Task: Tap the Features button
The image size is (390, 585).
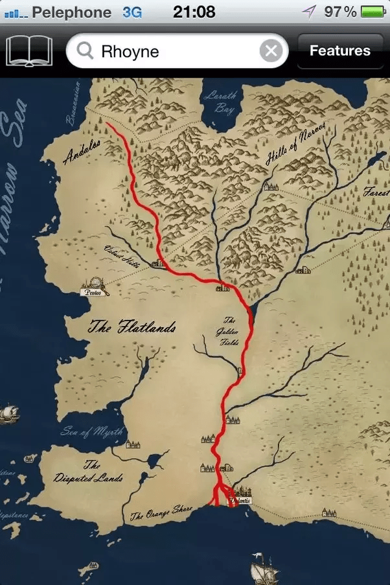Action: (x=339, y=51)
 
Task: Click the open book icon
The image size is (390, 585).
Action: (x=29, y=51)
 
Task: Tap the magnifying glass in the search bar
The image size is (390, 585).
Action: (x=85, y=51)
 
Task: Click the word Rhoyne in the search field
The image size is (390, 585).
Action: (x=130, y=51)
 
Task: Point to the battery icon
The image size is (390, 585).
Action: (x=373, y=12)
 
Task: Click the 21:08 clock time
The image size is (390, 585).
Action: (x=194, y=12)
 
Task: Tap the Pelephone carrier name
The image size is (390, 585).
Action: (x=71, y=12)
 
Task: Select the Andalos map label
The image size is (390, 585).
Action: (x=82, y=152)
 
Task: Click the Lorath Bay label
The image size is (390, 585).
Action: (x=220, y=102)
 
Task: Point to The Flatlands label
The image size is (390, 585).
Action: (x=132, y=328)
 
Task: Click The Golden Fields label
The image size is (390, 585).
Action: (x=229, y=331)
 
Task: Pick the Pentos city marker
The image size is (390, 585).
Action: (x=95, y=287)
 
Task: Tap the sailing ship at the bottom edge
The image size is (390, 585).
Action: (x=266, y=571)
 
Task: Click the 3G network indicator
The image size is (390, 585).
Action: (x=132, y=12)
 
